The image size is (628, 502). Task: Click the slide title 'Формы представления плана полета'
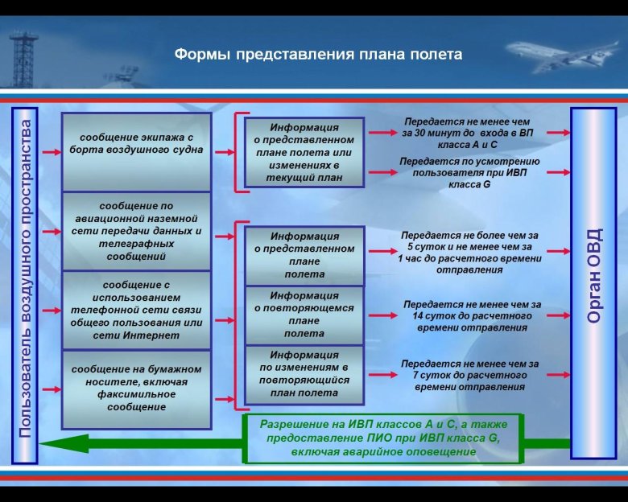(318, 55)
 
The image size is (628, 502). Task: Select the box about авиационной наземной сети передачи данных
(136, 231)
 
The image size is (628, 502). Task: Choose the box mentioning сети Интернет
(136, 310)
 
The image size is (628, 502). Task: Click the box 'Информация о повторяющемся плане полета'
(304, 315)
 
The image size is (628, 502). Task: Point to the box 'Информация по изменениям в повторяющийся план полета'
(304, 373)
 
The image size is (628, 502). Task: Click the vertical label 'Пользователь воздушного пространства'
(25, 278)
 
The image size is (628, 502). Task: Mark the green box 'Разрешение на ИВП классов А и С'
(381, 438)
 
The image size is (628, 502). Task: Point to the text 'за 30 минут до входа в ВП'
(466, 133)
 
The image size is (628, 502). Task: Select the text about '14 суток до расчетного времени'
(472, 316)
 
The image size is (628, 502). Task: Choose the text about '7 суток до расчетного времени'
(470, 375)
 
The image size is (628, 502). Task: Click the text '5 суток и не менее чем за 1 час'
(470, 253)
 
